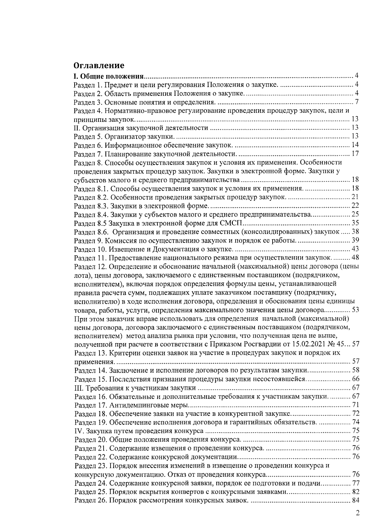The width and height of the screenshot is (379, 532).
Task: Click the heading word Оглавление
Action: pyautogui.click(x=99, y=66)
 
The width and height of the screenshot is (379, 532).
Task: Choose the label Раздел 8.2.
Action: pyautogui.click(x=91, y=197)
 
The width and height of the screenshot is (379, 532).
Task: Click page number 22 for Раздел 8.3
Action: pyautogui.click(x=355, y=206)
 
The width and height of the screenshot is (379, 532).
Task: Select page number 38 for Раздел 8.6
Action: pyautogui.click(x=355, y=232)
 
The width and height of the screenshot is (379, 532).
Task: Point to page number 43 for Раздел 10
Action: pyautogui.click(x=355, y=249)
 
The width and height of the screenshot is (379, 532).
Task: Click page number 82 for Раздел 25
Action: pyautogui.click(x=355, y=492)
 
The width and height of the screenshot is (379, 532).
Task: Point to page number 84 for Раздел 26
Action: pyautogui.click(x=355, y=500)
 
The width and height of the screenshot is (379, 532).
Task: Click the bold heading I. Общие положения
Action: pyautogui.click(x=109, y=76)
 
